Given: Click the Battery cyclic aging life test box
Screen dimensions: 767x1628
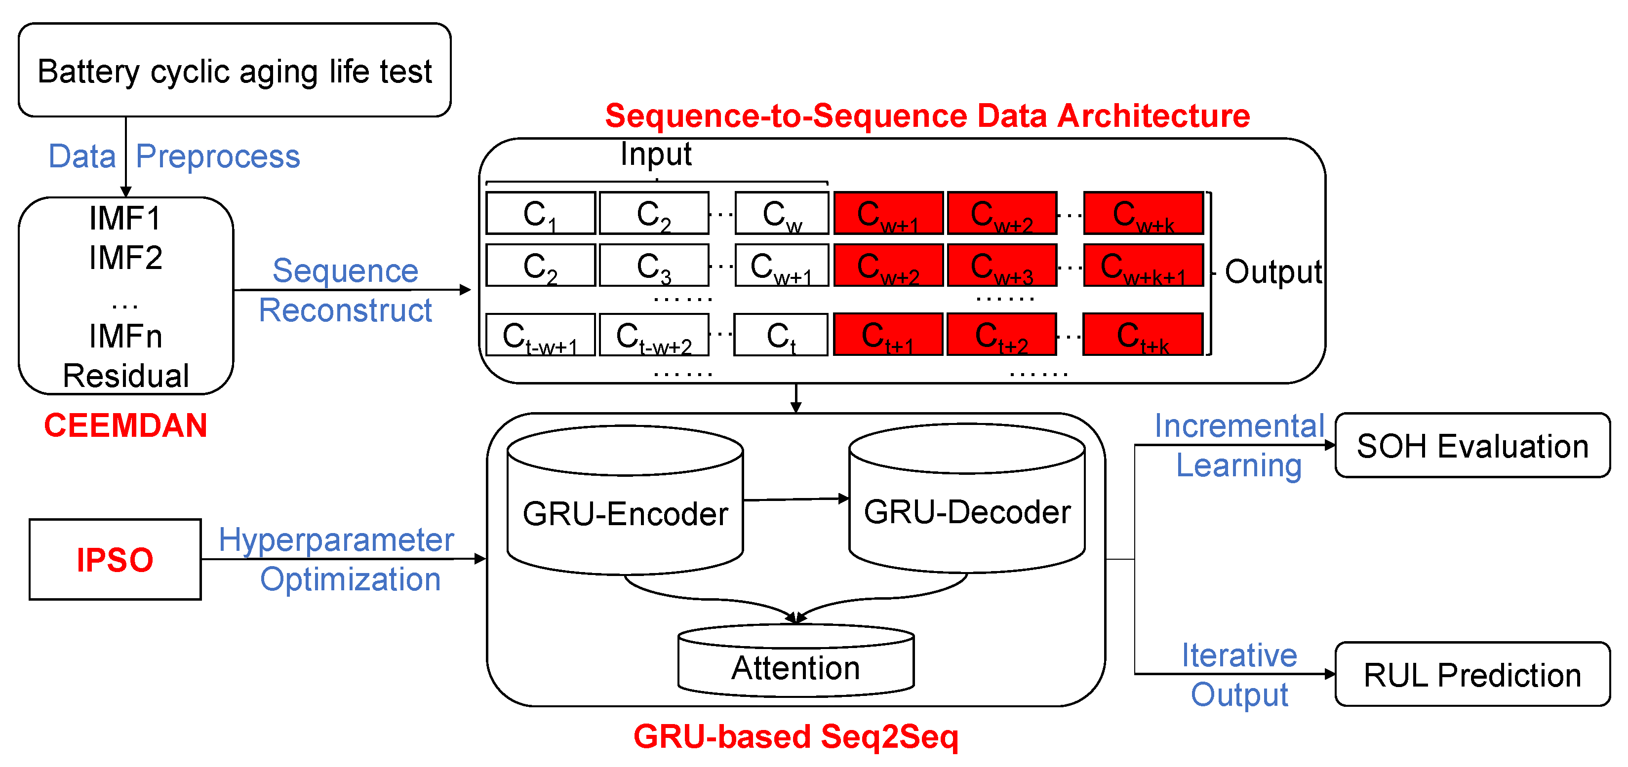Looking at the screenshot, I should (x=235, y=70).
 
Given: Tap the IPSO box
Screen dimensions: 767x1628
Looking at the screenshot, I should (x=115, y=559).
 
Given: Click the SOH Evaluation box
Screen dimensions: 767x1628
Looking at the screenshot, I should (x=1472, y=445).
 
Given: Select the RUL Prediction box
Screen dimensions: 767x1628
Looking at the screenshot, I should (x=1472, y=674).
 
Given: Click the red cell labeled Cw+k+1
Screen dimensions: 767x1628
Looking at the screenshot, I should (x=1143, y=266).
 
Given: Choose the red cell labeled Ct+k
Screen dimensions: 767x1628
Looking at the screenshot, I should (x=1143, y=335).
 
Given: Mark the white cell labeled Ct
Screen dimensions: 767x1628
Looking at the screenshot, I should (x=781, y=335).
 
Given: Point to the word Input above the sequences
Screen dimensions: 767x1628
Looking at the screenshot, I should (x=656, y=153).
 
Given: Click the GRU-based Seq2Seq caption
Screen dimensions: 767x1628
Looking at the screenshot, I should (x=795, y=737).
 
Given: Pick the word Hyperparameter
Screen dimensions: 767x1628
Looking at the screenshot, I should (x=336, y=539).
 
